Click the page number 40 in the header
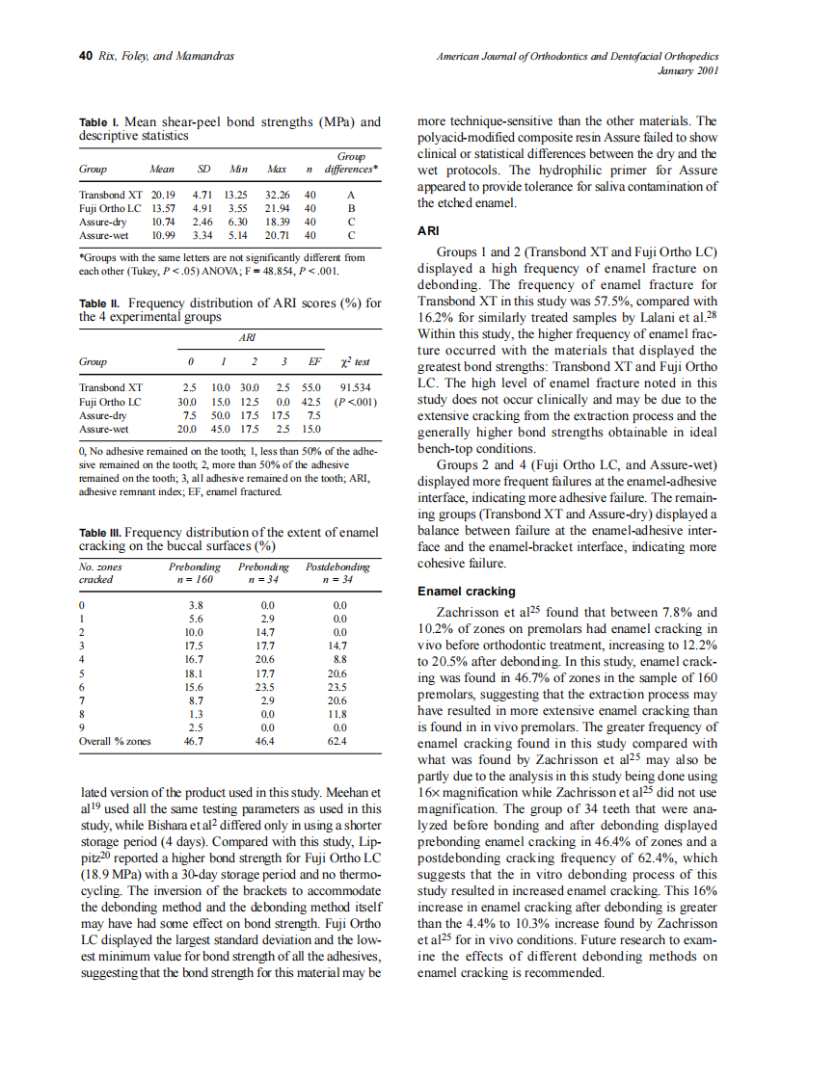[85, 56]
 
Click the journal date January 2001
[687, 70]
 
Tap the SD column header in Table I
[204, 169]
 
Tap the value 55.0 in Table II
[312, 387]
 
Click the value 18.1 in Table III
[195, 673]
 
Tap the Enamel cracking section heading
[466, 592]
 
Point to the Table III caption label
[100, 532]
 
